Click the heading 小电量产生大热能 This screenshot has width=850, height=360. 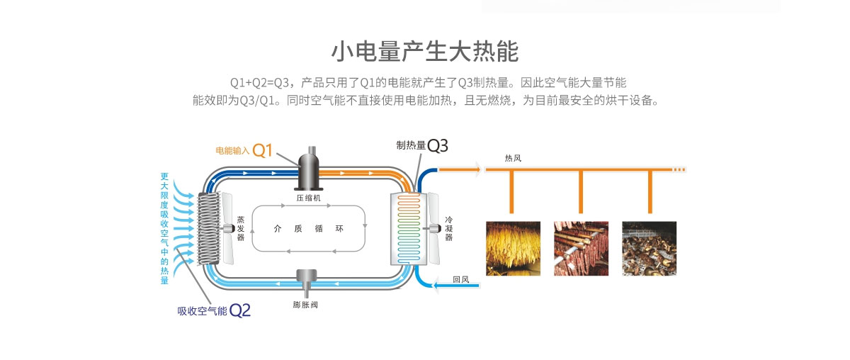click(x=425, y=52)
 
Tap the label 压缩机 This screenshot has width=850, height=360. click(x=309, y=198)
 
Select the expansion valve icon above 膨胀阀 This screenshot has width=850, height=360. click(x=307, y=281)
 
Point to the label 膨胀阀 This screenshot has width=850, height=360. click(x=307, y=305)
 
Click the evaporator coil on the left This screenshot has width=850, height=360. click(x=209, y=228)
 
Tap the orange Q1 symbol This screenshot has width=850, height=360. click(x=263, y=150)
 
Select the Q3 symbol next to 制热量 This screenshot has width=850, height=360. click(x=438, y=145)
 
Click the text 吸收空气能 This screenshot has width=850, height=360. click(x=202, y=310)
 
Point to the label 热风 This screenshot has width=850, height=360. click(x=513, y=157)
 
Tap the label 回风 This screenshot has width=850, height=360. click(x=460, y=279)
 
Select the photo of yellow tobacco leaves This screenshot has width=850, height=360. click(x=513, y=248)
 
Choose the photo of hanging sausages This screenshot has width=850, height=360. click(x=581, y=248)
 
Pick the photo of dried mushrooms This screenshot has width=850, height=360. click(x=649, y=248)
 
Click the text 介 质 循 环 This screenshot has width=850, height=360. click(x=308, y=228)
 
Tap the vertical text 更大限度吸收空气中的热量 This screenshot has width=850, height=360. click(x=164, y=228)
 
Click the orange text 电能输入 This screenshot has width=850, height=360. click(x=233, y=151)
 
